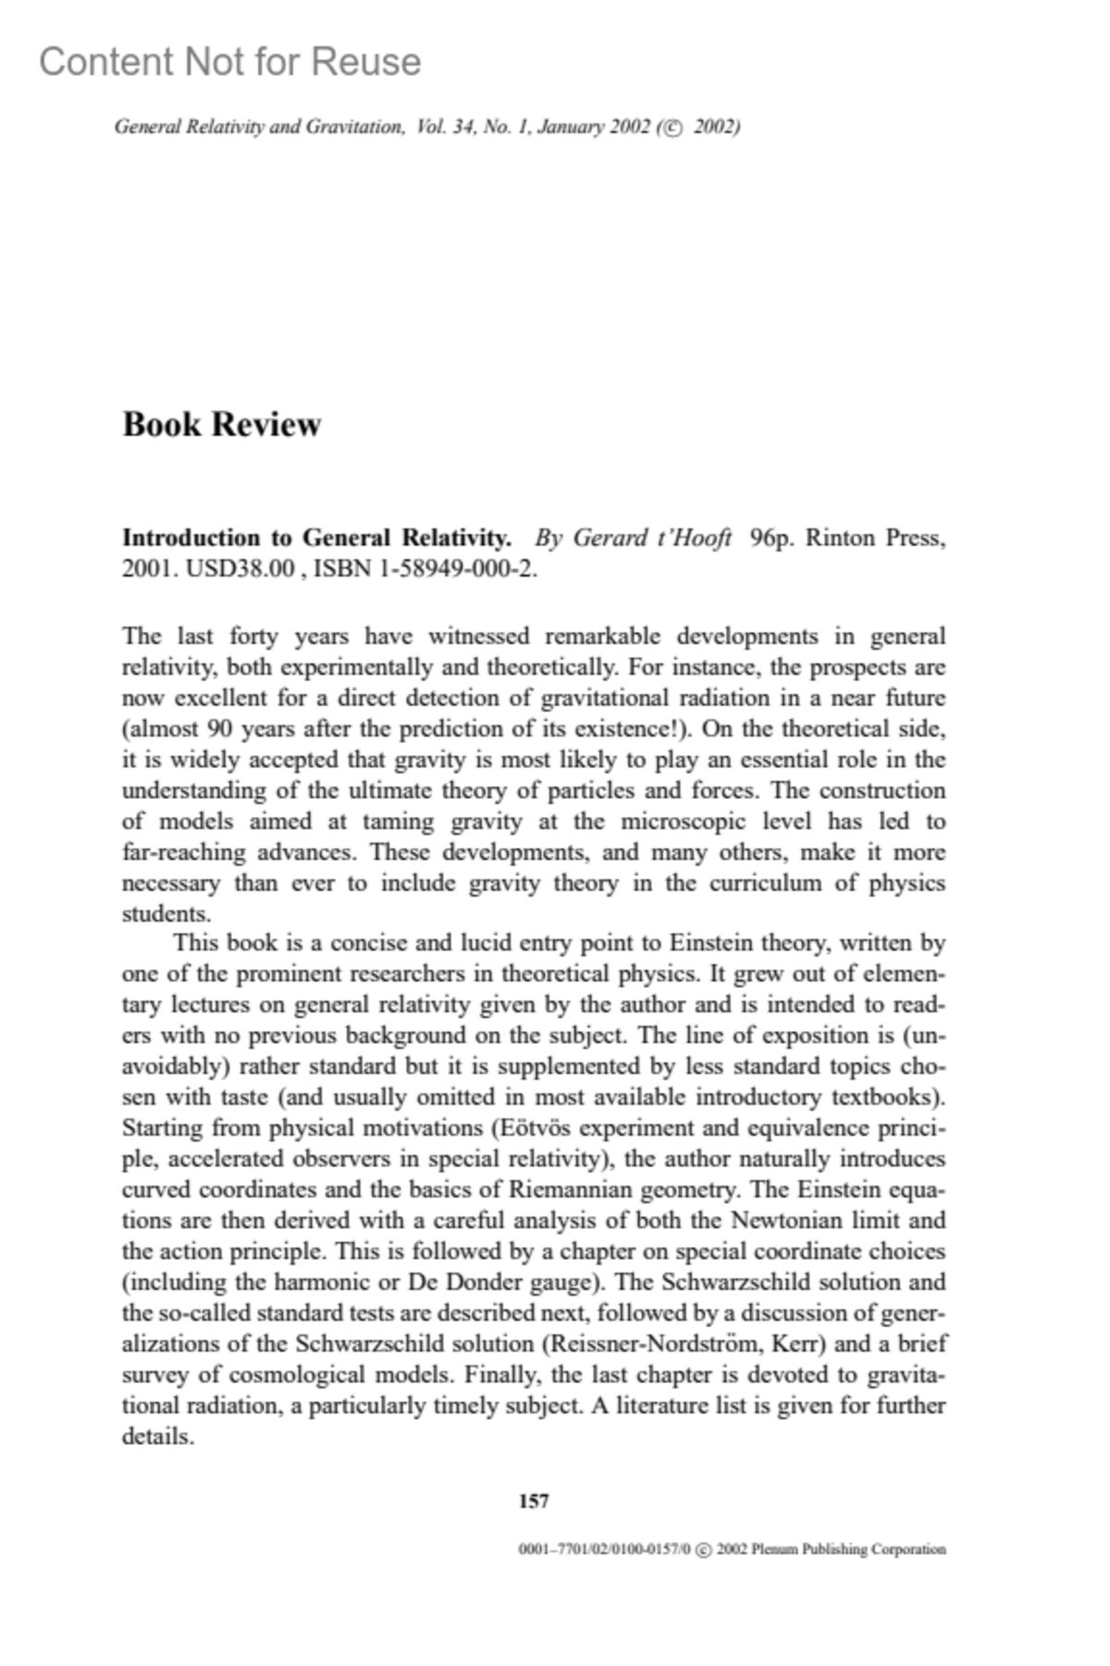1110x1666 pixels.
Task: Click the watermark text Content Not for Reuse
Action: pos(229,62)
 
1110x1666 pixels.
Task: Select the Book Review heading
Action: pos(221,424)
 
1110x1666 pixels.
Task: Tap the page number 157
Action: pos(534,1501)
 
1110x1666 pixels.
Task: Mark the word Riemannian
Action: pos(567,1190)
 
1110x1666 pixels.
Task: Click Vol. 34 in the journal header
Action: pos(444,127)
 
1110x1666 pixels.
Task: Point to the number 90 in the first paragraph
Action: pos(219,728)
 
